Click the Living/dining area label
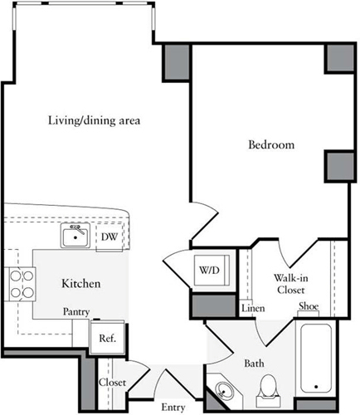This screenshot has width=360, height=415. coord(94,120)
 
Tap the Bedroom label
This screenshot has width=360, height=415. coord(271,144)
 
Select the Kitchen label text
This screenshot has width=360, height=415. coord(80,284)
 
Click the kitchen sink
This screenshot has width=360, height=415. coord(75,236)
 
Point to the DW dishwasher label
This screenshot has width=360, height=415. coord(109,237)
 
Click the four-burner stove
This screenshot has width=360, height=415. coord(22,284)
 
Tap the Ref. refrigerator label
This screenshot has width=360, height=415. coord(108,338)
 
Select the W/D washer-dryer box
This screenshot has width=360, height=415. coord(212,270)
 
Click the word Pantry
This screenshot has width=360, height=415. coord(76,312)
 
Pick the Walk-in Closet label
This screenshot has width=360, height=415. coord(291,284)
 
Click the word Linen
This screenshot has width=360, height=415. coord(253,308)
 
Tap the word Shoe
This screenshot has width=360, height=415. coord(309,306)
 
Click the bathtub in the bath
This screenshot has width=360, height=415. coord(316,359)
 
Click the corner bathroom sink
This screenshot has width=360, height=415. coord(223,390)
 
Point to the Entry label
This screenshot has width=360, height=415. coord(173,408)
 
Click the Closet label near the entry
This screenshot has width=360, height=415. coord(112,383)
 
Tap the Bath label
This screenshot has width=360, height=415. coord(254,364)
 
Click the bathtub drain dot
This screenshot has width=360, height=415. coord(316,387)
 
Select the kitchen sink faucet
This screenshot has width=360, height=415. coord(78,229)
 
